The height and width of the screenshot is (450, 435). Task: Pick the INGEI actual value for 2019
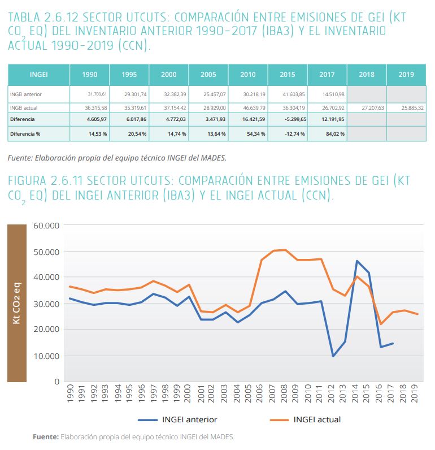(406, 107)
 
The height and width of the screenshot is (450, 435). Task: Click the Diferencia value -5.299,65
(288, 119)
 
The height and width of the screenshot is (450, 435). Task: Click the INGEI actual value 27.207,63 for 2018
(367, 107)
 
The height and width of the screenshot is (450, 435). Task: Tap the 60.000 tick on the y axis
(47, 226)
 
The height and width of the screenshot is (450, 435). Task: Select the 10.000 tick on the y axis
(47, 356)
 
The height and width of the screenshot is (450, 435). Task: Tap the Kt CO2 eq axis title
(17, 304)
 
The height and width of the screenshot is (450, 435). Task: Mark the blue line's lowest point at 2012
(333, 356)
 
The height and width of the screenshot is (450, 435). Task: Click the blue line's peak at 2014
(357, 261)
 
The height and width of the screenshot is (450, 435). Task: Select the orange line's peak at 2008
(285, 250)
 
